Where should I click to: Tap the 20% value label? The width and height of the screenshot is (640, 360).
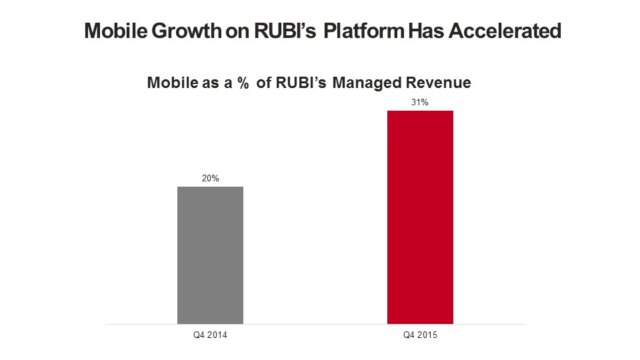point(211,179)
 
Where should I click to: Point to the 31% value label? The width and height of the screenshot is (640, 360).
point(420,103)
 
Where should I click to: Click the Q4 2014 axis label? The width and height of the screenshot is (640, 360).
point(211,335)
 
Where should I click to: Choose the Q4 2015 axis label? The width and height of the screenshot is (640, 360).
point(420,335)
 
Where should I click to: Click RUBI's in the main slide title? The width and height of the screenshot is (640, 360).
point(287,31)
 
